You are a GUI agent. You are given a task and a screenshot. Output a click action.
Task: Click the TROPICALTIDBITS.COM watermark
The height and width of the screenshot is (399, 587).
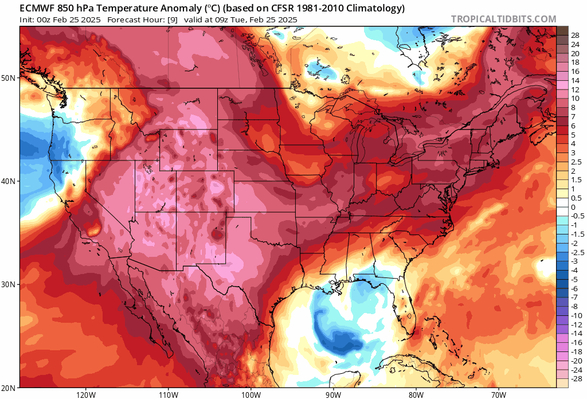click(x=503, y=19)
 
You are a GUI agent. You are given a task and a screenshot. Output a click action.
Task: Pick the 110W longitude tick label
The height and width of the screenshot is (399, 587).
click(x=168, y=394)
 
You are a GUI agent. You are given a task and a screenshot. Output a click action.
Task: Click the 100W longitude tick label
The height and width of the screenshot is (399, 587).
click(x=251, y=394)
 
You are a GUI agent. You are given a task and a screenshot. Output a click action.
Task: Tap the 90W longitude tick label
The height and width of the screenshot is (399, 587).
click(x=333, y=394)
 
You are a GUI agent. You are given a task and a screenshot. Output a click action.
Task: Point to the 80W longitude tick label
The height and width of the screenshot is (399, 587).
click(x=416, y=394)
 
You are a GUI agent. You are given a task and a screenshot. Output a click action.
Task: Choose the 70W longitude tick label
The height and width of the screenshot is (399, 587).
click(x=498, y=394)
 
